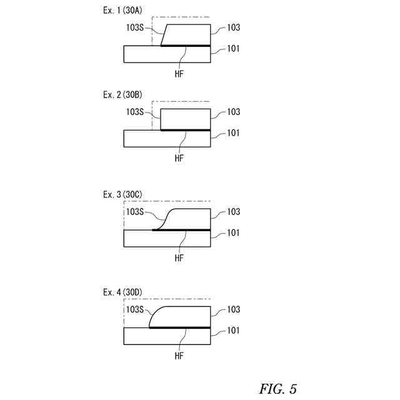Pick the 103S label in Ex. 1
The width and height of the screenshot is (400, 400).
click(x=136, y=27)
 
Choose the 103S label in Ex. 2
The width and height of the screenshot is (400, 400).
click(x=136, y=112)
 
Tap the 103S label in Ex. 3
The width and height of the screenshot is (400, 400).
click(x=136, y=212)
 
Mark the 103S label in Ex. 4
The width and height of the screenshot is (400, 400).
click(x=136, y=309)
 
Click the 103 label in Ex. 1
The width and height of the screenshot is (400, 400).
click(x=234, y=27)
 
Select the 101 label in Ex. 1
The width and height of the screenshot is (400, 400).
click(x=233, y=48)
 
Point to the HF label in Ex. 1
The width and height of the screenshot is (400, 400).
click(x=179, y=73)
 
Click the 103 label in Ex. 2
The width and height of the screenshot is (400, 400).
click(x=234, y=112)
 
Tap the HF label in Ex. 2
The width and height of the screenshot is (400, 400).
click(x=179, y=157)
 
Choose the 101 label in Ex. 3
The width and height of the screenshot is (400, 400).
click(x=233, y=232)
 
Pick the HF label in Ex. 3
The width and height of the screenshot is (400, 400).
click(x=179, y=257)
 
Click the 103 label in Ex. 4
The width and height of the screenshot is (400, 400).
click(x=234, y=309)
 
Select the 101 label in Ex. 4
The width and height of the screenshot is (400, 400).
click(x=233, y=330)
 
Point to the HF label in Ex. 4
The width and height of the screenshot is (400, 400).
click(x=179, y=355)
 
